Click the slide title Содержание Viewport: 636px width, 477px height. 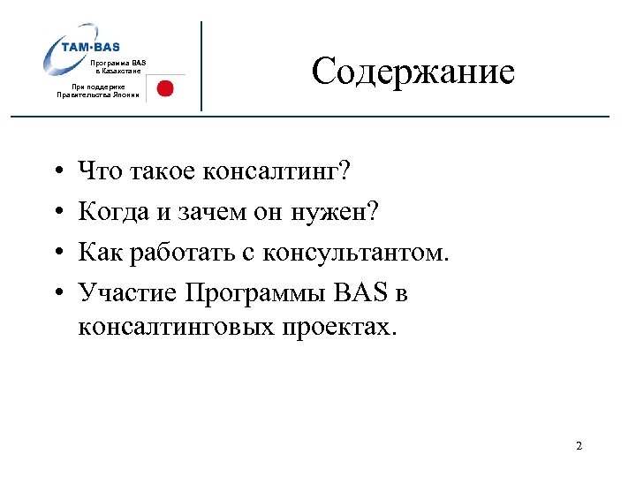[x=413, y=72]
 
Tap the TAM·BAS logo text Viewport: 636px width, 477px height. [x=91, y=47]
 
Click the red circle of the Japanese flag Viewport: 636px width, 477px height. [x=164, y=87]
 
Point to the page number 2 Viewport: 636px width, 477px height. [x=579, y=446]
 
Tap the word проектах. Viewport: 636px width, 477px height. [x=341, y=328]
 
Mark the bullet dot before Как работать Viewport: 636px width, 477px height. [x=56, y=254]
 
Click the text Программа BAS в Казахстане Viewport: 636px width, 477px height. [x=120, y=66]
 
